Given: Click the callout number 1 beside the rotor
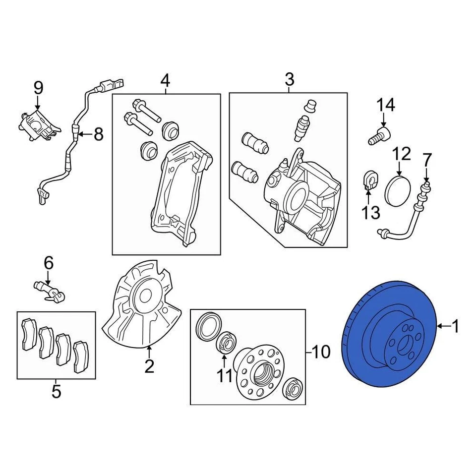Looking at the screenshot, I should click(455, 326).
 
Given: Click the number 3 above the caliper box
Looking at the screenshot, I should click(289, 79).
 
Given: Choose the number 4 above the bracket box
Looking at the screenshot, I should click(165, 79).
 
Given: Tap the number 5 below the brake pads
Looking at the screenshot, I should click(56, 391).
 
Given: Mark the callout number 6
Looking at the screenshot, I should click(48, 263).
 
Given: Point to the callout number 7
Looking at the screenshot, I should click(427, 160).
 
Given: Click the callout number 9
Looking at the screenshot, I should click(38, 88).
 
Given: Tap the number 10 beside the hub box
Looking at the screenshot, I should click(321, 353).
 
